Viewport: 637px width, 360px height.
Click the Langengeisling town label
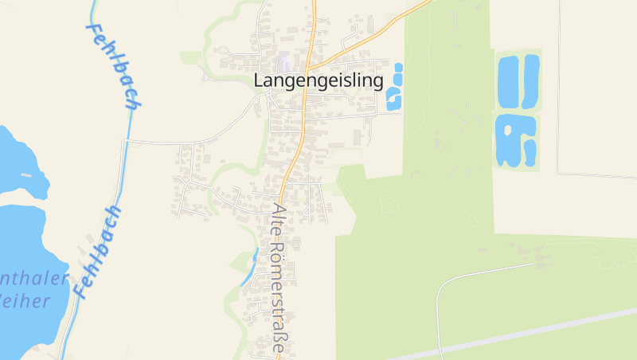318,80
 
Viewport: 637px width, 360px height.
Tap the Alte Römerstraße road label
278,279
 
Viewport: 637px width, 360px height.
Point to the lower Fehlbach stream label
96,251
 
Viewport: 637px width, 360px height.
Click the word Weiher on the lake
24,300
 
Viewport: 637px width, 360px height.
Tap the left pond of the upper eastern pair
507,81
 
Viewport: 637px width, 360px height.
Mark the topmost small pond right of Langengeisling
399,67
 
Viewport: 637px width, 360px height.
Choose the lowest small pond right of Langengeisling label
392,105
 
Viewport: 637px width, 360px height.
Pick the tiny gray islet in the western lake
26,174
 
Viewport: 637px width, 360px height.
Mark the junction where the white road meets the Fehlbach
124,140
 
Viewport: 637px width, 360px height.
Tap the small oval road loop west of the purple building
205,74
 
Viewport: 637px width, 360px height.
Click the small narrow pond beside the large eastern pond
528,150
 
